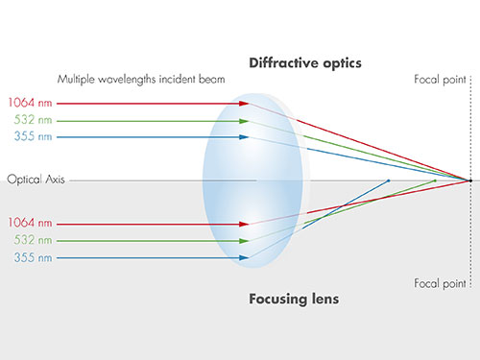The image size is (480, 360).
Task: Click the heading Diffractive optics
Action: coord(305,63)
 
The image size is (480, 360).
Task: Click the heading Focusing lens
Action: coord(294,299)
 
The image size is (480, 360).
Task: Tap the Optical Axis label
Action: coord(36,180)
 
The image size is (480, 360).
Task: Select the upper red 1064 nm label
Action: coord(30,103)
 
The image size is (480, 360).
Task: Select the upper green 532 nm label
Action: coord(33,120)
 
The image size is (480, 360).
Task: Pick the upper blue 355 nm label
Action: coord(33,136)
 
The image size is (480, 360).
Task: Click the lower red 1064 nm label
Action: coord(30,223)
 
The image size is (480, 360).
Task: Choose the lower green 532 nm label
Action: coord(33,240)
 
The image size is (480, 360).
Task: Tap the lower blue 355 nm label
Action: coord(33,257)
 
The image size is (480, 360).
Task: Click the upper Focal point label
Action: coord(440,80)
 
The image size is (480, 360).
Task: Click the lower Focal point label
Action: coord(440,283)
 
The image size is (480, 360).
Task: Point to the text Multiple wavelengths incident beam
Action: coord(141,79)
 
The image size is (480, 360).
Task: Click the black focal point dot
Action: coord(470,180)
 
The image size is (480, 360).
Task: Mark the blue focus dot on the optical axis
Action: coord(389,180)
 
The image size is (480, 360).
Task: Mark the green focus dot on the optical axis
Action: coord(435,180)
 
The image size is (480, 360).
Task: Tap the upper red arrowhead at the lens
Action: coord(244,104)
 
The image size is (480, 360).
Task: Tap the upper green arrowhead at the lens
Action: coord(244,121)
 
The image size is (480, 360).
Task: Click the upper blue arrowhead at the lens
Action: coord(244,137)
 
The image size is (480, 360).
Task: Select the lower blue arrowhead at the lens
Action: coord(244,257)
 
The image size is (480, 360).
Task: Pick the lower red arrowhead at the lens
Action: coord(244,224)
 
